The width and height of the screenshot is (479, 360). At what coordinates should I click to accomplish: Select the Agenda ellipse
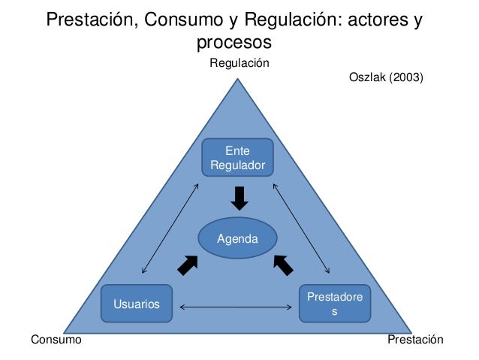click(237, 239)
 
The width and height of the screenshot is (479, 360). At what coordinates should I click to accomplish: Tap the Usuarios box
click(137, 304)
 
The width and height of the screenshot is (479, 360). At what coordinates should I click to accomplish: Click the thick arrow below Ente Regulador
click(239, 198)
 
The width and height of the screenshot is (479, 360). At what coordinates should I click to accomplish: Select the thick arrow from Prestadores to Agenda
click(283, 265)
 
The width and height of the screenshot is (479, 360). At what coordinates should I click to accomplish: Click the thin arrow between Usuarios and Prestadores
click(236, 306)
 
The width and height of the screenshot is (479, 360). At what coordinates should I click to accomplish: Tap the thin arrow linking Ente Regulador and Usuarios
click(170, 228)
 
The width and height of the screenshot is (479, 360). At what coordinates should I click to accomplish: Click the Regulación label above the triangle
click(239, 63)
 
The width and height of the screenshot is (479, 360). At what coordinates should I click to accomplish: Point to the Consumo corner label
click(55, 340)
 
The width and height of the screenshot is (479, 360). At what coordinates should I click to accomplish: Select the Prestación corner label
click(416, 340)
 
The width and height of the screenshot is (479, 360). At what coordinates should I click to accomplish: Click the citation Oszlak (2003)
click(387, 77)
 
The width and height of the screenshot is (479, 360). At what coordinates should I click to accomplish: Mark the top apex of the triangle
click(239, 74)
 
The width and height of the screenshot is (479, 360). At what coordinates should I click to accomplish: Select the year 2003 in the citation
click(407, 77)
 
